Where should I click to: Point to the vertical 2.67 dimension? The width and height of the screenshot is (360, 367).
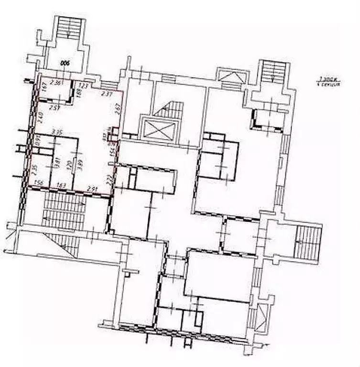pos(117,111)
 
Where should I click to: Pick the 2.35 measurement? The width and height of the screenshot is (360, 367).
pos(35,170)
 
